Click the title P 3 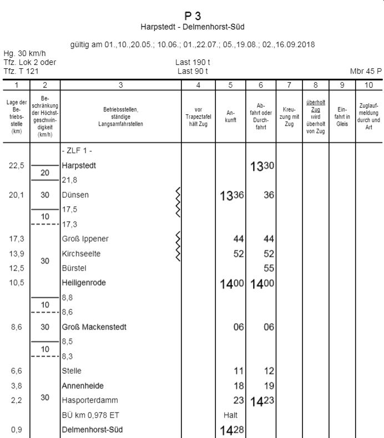coord(193,16)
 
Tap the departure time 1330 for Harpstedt coord(260,166)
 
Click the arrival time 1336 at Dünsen coord(232,195)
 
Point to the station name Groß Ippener coord(85,239)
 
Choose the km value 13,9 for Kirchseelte coord(16,253)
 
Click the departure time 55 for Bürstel coord(269,268)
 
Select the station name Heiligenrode coord(83,283)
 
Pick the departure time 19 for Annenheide coord(269,386)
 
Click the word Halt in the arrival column coord(230,415)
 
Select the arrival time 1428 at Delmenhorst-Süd coord(232,430)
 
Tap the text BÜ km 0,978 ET coord(90,415)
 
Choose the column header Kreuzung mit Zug coord(289,116)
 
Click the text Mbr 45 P coord(366,71)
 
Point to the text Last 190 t coord(193,62)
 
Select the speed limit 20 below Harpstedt coord(45,173)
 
